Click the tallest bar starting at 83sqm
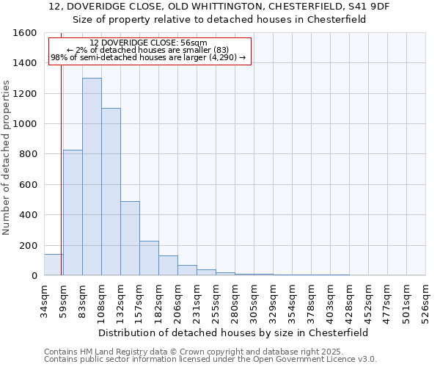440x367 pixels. pyautogui.click(x=92, y=176)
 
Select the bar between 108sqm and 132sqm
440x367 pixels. pyautogui.click(x=111, y=192)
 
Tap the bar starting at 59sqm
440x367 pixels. pyautogui.click(x=73, y=213)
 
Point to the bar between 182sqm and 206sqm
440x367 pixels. pyautogui.click(x=168, y=266)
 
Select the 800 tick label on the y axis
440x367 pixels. pyautogui.click(x=28, y=154)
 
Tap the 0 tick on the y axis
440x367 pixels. pyautogui.click(x=34, y=276)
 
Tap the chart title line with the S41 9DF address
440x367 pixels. pyautogui.click(x=220, y=7)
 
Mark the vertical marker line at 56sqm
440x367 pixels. pyautogui.click(x=61, y=147)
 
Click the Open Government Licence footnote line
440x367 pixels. pyautogui.click(x=210, y=360)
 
